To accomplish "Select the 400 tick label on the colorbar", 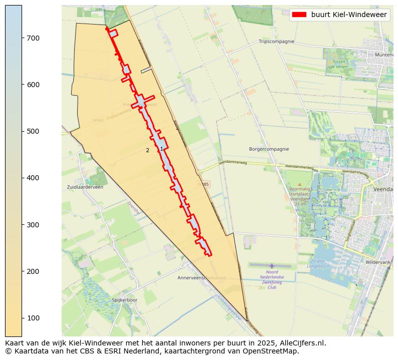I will point(33,178).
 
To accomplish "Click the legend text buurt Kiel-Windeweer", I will point(349,15).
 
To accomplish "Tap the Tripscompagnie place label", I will point(276,42).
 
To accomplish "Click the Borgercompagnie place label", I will point(269,149).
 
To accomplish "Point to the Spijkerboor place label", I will point(124,300).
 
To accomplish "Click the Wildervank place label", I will point(379,262).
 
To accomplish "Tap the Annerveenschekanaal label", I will point(202,277).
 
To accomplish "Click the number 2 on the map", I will point(147,150).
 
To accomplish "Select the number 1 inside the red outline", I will point(161,149).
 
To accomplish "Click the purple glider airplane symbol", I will point(272,266).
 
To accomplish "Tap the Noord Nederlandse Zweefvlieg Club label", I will point(272,280).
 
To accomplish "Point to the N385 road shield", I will point(203,184).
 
